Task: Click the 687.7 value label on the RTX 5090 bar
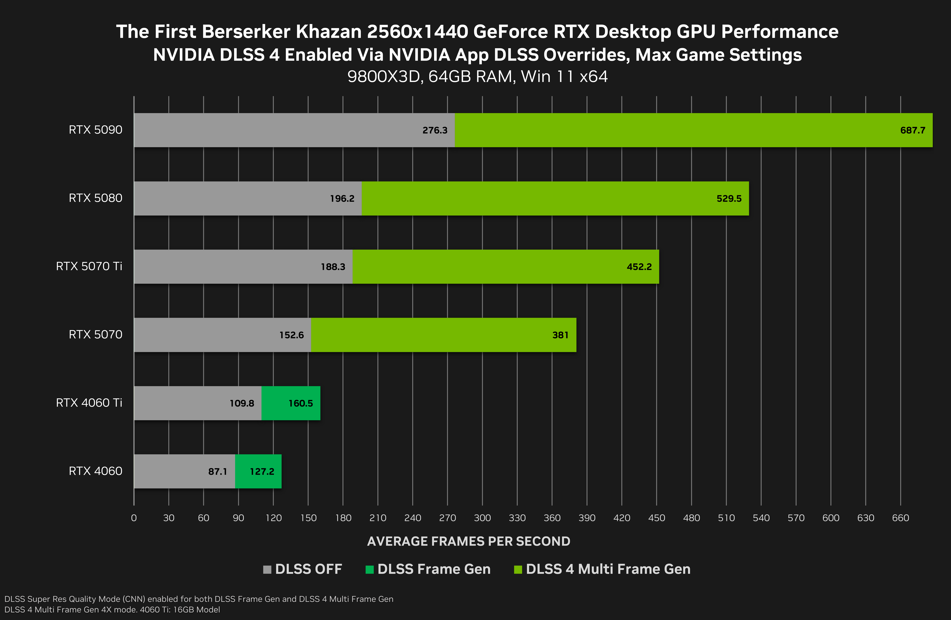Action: (913, 130)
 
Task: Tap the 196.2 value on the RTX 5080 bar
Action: (342, 199)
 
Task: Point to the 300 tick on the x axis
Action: (482, 518)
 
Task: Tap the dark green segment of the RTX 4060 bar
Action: (258, 471)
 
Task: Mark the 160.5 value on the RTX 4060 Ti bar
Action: (300, 403)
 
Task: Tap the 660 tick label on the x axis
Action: (900, 518)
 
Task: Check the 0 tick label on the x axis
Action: (134, 518)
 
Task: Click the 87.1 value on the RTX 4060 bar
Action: (217, 472)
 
